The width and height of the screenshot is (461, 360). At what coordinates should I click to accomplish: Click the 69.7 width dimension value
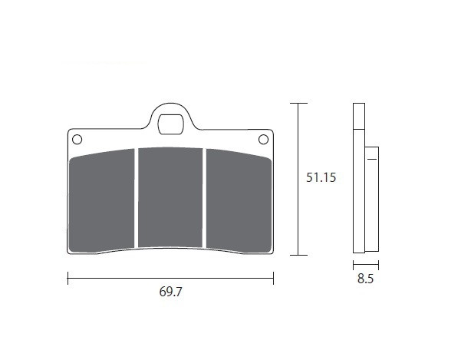point(170,292)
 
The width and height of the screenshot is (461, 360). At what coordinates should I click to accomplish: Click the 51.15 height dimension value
point(321,177)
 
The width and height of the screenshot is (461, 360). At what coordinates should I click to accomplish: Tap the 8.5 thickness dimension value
point(365,279)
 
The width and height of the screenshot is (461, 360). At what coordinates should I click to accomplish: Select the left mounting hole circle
point(77,140)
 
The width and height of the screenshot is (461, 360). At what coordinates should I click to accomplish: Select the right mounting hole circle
point(263,140)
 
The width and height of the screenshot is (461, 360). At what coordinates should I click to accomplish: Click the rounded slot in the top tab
point(170,124)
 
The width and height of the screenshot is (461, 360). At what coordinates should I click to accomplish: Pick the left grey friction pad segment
point(101,200)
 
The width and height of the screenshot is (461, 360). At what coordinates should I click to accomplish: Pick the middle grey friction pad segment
point(170,197)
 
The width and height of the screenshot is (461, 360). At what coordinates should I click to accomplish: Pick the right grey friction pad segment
point(239,200)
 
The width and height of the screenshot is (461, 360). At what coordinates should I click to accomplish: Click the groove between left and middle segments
point(137,198)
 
